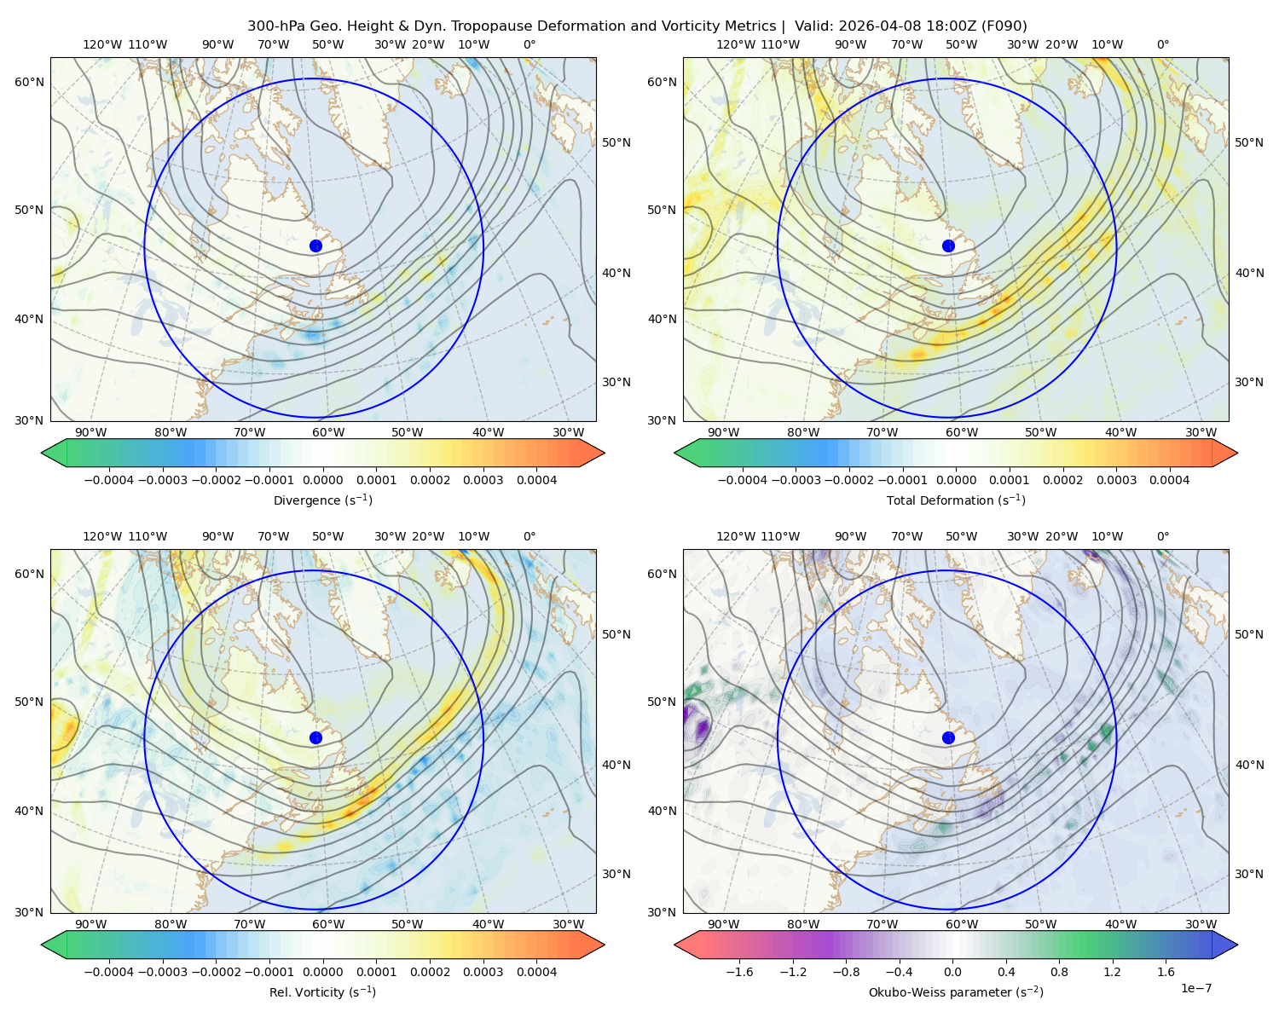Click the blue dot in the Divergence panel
[315, 246]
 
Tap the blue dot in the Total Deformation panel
[948, 246]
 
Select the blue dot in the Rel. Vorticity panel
[315, 737]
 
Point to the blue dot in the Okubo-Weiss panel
[948, 737]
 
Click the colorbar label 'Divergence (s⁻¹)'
[322, 500]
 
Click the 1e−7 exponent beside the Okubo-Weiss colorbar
[1195, 988]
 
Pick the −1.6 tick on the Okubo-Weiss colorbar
[739, 972]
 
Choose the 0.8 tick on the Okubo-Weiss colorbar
[1059, 972]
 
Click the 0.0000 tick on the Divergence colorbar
[322, 480]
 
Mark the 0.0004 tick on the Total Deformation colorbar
[1170, 480]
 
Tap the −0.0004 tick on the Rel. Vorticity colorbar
[109, 972]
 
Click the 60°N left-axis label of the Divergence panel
[29, 82]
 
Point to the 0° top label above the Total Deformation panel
[1163, 44]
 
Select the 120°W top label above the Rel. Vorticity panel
[102, 536]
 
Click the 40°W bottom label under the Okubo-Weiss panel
[1121, 924]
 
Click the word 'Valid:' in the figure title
[814, 26]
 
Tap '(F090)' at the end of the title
[1004, 26]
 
